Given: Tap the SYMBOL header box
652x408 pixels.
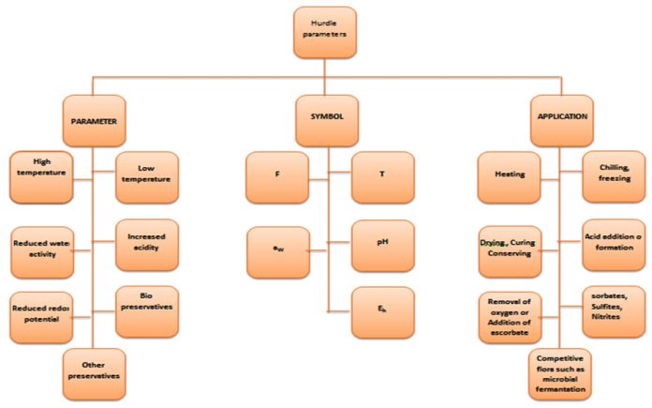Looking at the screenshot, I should [x=326, y=120].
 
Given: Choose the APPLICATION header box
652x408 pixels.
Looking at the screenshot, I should [x=562, y=118].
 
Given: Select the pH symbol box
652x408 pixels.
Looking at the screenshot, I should [x=382, y=244].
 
